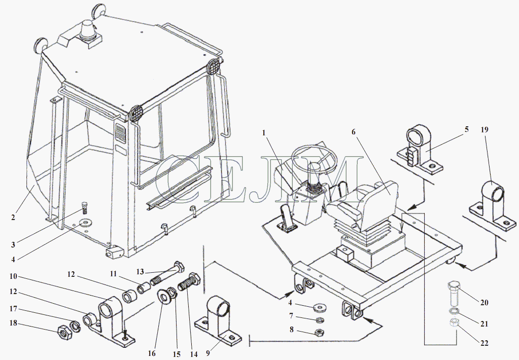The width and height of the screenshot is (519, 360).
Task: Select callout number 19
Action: tap(484, 129)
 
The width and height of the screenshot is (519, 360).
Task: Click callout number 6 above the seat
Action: tap(353, 132)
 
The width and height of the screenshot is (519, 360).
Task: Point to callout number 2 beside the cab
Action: tap(13, 218)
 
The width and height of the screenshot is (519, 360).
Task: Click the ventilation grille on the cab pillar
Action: tap(120, 133)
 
